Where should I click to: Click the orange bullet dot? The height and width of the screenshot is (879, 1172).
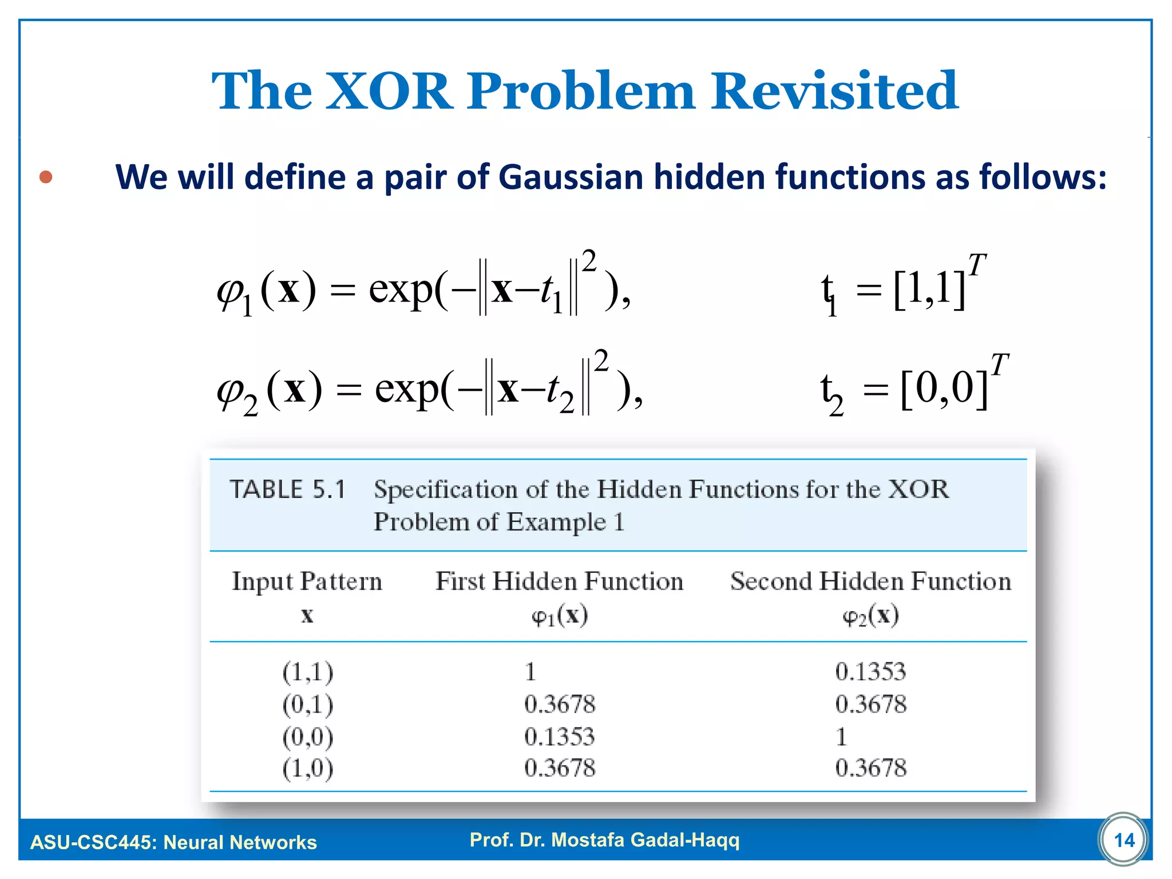[46, 177]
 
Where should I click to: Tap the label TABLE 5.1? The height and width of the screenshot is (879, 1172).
[288, 490]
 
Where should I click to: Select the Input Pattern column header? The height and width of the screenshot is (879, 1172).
[307, 581]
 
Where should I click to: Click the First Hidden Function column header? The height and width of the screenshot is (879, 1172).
[559, 581]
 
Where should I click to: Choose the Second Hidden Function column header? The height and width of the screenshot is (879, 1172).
[870, 581]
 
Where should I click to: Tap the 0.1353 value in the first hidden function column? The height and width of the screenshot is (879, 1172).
[559, 736]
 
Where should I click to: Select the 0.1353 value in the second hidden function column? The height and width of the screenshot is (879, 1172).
[870, 671]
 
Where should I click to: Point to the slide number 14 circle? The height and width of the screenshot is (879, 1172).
[1123, 840]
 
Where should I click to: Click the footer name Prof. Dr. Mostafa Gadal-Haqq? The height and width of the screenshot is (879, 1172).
[604, 840]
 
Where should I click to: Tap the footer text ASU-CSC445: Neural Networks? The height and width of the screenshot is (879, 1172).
[173, 842]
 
